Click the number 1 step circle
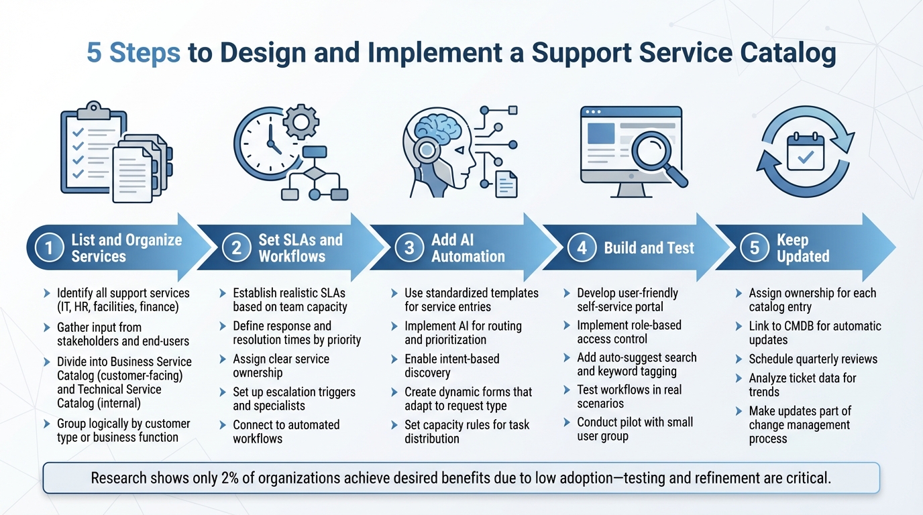point(48,248)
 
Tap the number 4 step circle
point(581,248)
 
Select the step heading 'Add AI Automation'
point(468,248)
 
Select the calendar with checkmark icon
point(805,151)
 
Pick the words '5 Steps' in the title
point(133,53)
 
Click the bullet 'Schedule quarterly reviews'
point(812,359)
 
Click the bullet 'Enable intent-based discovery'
point(451,365)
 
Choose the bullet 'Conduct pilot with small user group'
point(635,429)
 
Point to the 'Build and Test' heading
point(649,248)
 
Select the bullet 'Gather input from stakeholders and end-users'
point(122,334)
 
